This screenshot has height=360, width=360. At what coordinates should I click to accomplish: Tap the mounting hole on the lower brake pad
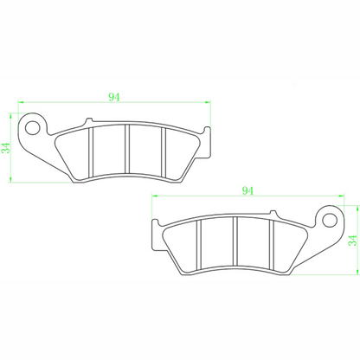(328, 216)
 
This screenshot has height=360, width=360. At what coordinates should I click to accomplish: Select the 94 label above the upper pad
(114, 97)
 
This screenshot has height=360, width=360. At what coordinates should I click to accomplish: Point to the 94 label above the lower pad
(247, 189)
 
